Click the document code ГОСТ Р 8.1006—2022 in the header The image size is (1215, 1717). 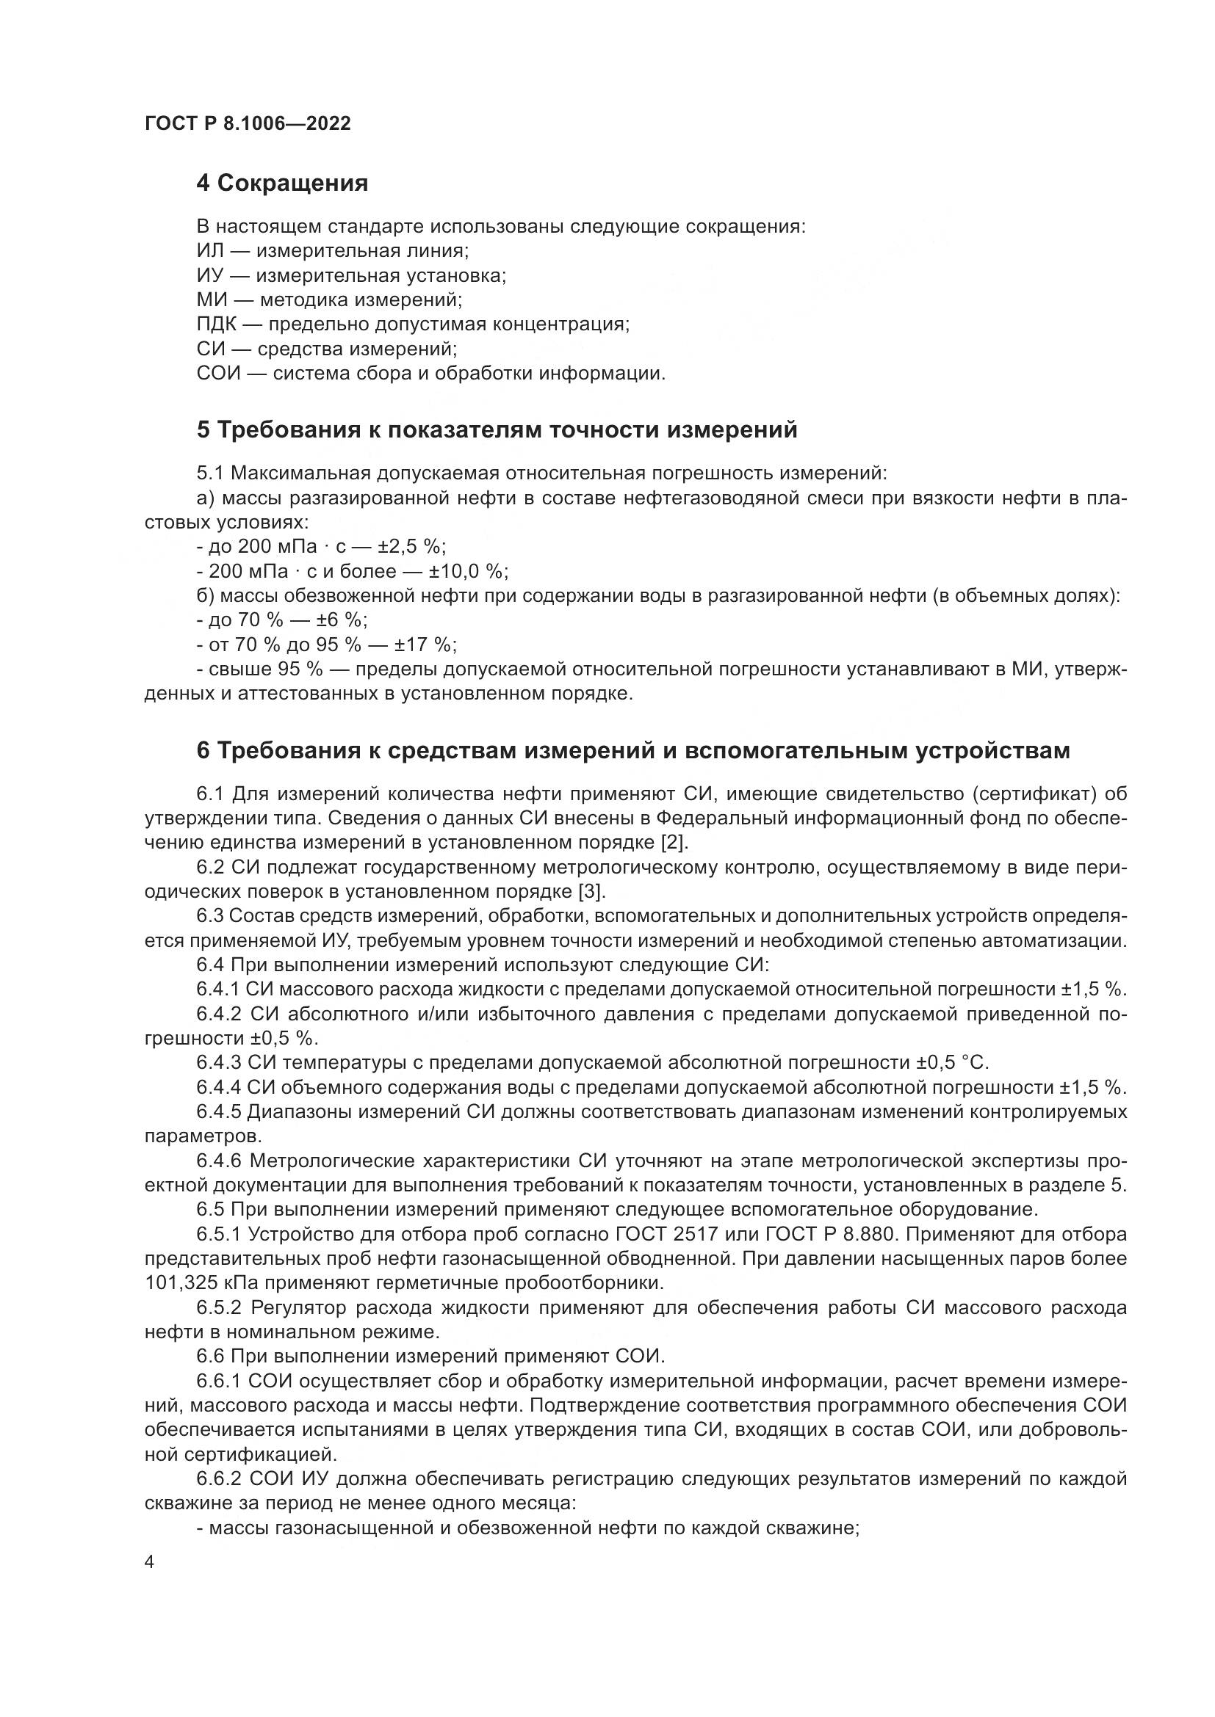(248, 124)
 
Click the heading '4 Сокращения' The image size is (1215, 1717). (282, 184)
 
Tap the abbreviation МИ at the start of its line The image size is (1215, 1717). (211, 300)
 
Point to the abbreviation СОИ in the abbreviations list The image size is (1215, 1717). (218, 373)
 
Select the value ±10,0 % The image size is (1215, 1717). (469, 571)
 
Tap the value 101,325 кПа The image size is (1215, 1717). (196, 1283)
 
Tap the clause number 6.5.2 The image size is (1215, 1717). (220, 1308)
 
